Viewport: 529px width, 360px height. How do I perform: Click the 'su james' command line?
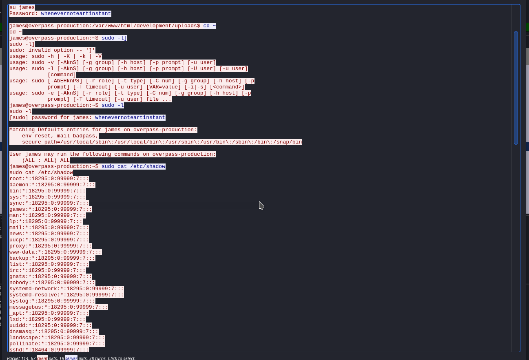click(22, 7)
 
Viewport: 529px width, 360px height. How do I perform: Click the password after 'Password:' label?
click(76, 13)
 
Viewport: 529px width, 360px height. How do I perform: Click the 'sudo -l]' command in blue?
click(114, 38)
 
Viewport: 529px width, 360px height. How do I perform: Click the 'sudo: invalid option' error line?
click(52, 50)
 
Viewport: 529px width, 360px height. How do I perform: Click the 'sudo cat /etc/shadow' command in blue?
click(133, 166)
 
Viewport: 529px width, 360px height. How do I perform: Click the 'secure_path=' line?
click(162, 142)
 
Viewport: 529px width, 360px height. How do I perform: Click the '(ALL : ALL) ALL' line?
click(46, 160)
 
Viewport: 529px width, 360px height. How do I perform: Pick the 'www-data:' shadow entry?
click(55, 252)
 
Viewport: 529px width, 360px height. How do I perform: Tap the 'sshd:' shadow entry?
click(49, 350)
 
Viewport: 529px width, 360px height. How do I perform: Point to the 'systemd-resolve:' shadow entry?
click(66, 295)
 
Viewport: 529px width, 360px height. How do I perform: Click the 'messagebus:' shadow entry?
click(59, 307)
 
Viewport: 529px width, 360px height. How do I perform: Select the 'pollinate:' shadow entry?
click(57, 344)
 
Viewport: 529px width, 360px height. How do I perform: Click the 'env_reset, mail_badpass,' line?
click(60, 136)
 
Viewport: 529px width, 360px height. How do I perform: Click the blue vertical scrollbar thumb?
click(516, 88)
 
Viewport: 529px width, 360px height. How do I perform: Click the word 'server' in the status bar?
click(71, 358)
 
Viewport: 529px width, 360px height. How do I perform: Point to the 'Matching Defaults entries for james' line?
click(103, 130)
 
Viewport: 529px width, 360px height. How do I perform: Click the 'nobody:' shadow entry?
click(52, 283)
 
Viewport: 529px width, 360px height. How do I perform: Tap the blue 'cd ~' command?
click(210, 26)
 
